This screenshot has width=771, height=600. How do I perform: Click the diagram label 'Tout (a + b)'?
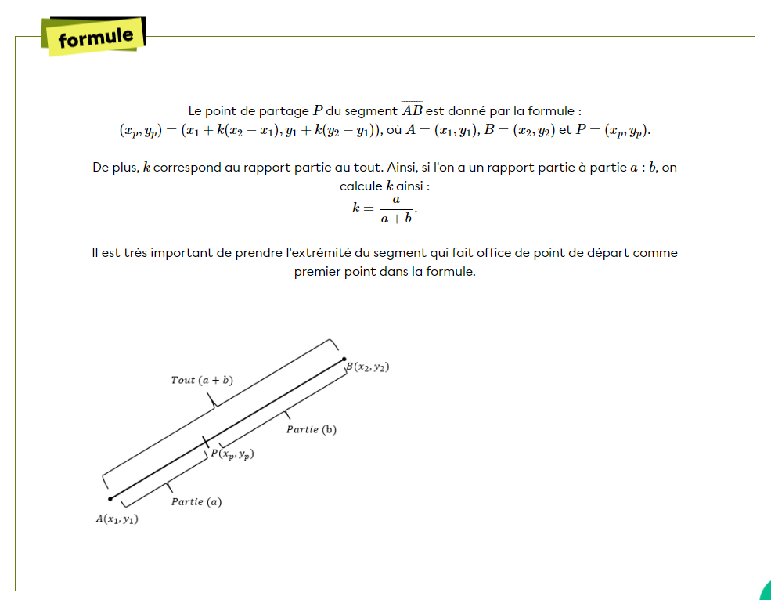[x=202, y=380]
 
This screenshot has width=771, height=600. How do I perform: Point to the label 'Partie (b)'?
[x=311, y=429]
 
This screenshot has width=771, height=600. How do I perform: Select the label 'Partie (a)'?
[x=196, y=501]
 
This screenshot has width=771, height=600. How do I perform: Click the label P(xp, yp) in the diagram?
[x=233, y=454]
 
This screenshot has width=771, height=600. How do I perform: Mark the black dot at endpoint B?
[x=344, y=360]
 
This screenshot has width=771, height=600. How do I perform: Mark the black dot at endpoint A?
[x=110, y=498]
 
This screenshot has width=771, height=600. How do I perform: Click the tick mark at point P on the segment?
[x=206, y=442]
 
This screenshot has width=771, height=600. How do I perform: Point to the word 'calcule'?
[x=360, y=186]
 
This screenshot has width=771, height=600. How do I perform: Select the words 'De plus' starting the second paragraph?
[x=114, y=168]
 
